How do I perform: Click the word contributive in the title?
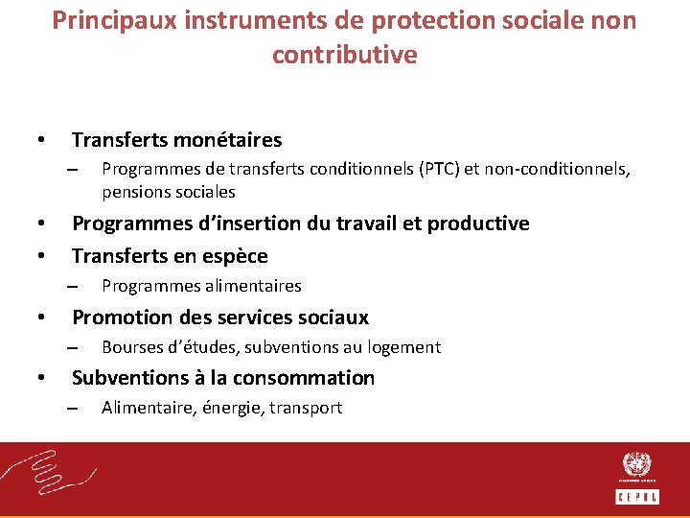345,55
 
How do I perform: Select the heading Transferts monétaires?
176,140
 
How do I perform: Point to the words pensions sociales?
168,191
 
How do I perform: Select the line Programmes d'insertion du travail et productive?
300,224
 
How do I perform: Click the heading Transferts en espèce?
170,256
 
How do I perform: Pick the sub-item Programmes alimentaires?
201,286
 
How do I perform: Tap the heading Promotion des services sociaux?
220,318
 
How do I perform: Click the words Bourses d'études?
159,347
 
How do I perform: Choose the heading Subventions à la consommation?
223,378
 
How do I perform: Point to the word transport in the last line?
306,408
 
